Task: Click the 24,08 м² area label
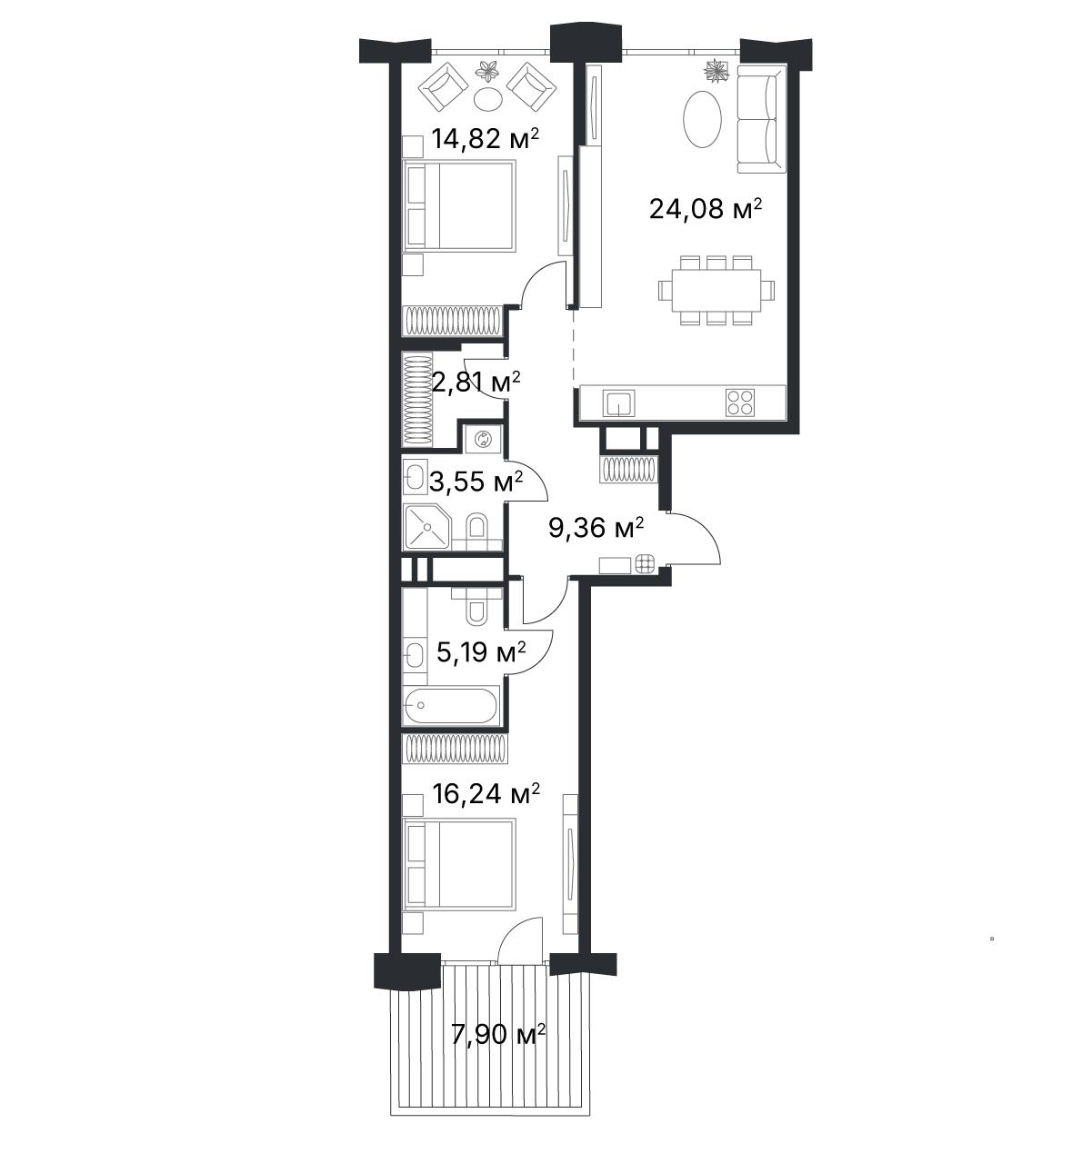click(x=705, y=209)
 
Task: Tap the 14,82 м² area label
click(x=486, y=139)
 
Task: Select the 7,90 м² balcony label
click(x=498, y=1034)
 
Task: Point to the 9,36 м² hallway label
click(x=596, y=528)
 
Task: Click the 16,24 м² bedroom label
click(x=486, y=793)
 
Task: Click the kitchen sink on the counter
click(x=619, y=403)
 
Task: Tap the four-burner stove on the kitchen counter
click(x=740, y=403)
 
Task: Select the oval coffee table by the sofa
click(x=702, y=120)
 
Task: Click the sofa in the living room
click(x=761, y=119)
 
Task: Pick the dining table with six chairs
click(x=716, y=290)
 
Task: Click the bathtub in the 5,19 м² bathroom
click(x=452, y=705)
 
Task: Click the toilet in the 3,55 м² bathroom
click(x=476, y=526)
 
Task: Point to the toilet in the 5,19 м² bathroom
click(x=476, y=607)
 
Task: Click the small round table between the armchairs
click(x=488, y=99)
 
